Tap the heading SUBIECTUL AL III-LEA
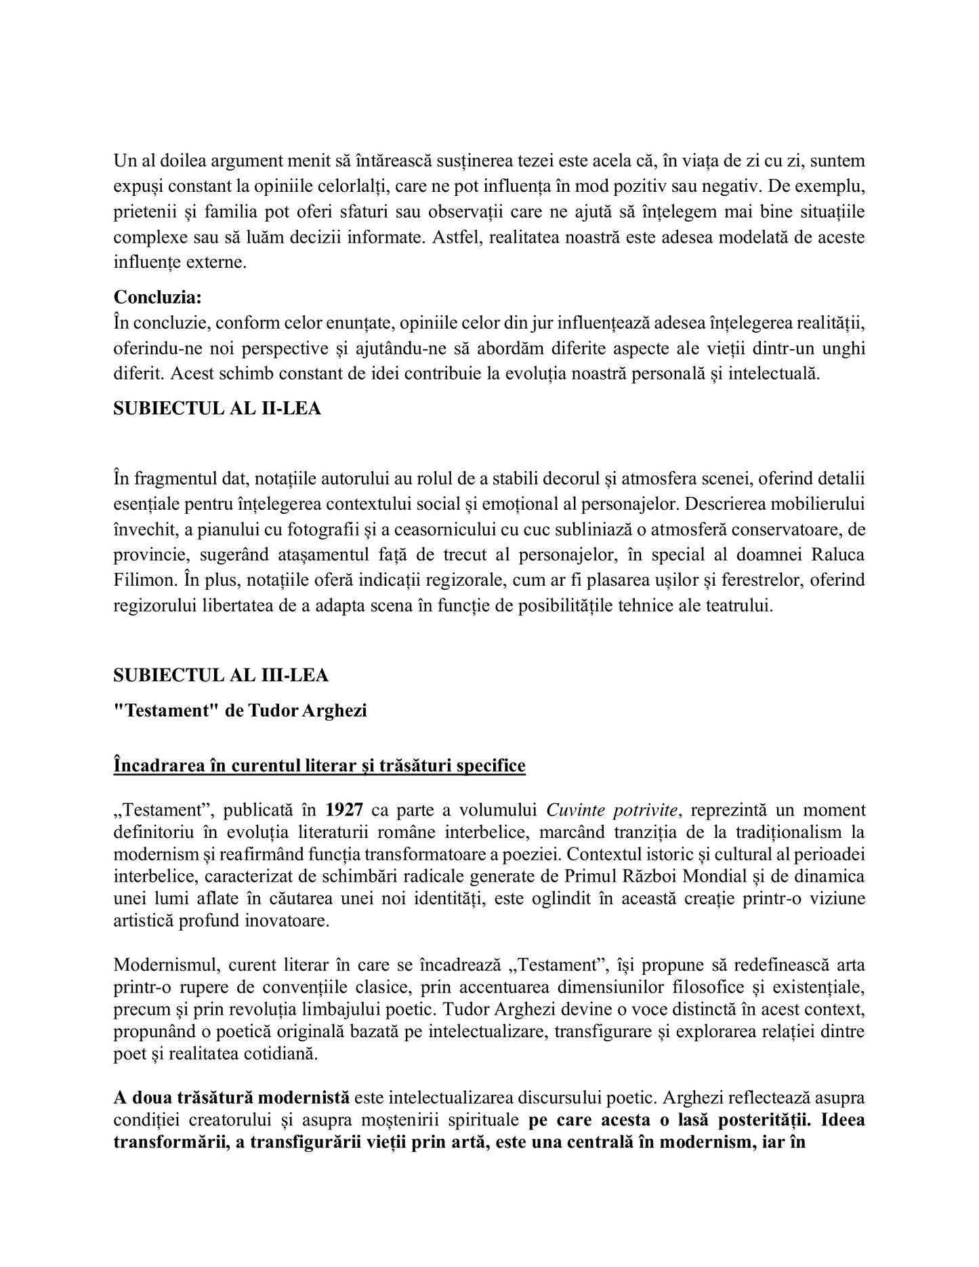coord(221,675)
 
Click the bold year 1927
coord(344,810)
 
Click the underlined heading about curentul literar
coord(319,766)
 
